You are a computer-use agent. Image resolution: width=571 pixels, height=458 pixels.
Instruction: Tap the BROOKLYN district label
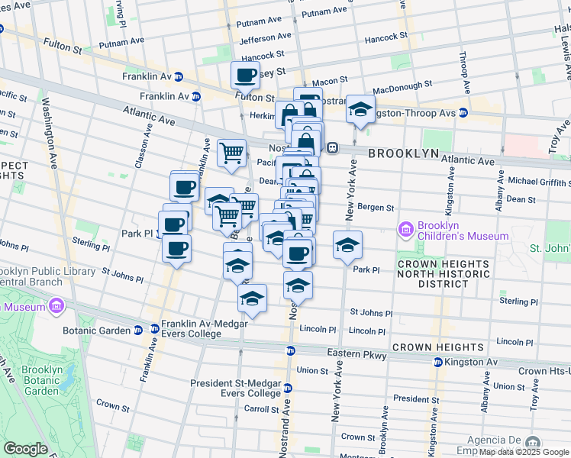click(x=404, y=153)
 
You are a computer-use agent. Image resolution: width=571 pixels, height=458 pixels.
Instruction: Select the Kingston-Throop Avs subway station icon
click(x=463, y=113)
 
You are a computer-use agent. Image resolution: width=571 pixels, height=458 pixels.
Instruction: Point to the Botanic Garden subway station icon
click(x=137, y=330)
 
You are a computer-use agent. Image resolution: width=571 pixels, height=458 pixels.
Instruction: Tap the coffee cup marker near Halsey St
click(x=246, y=75)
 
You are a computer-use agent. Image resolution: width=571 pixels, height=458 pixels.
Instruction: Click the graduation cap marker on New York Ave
click(x=347, y=244)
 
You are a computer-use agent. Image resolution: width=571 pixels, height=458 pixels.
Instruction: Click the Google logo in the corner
click(x=25, y=449)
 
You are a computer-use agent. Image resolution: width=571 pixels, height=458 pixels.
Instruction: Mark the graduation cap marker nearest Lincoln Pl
click(x=252, y=298)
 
